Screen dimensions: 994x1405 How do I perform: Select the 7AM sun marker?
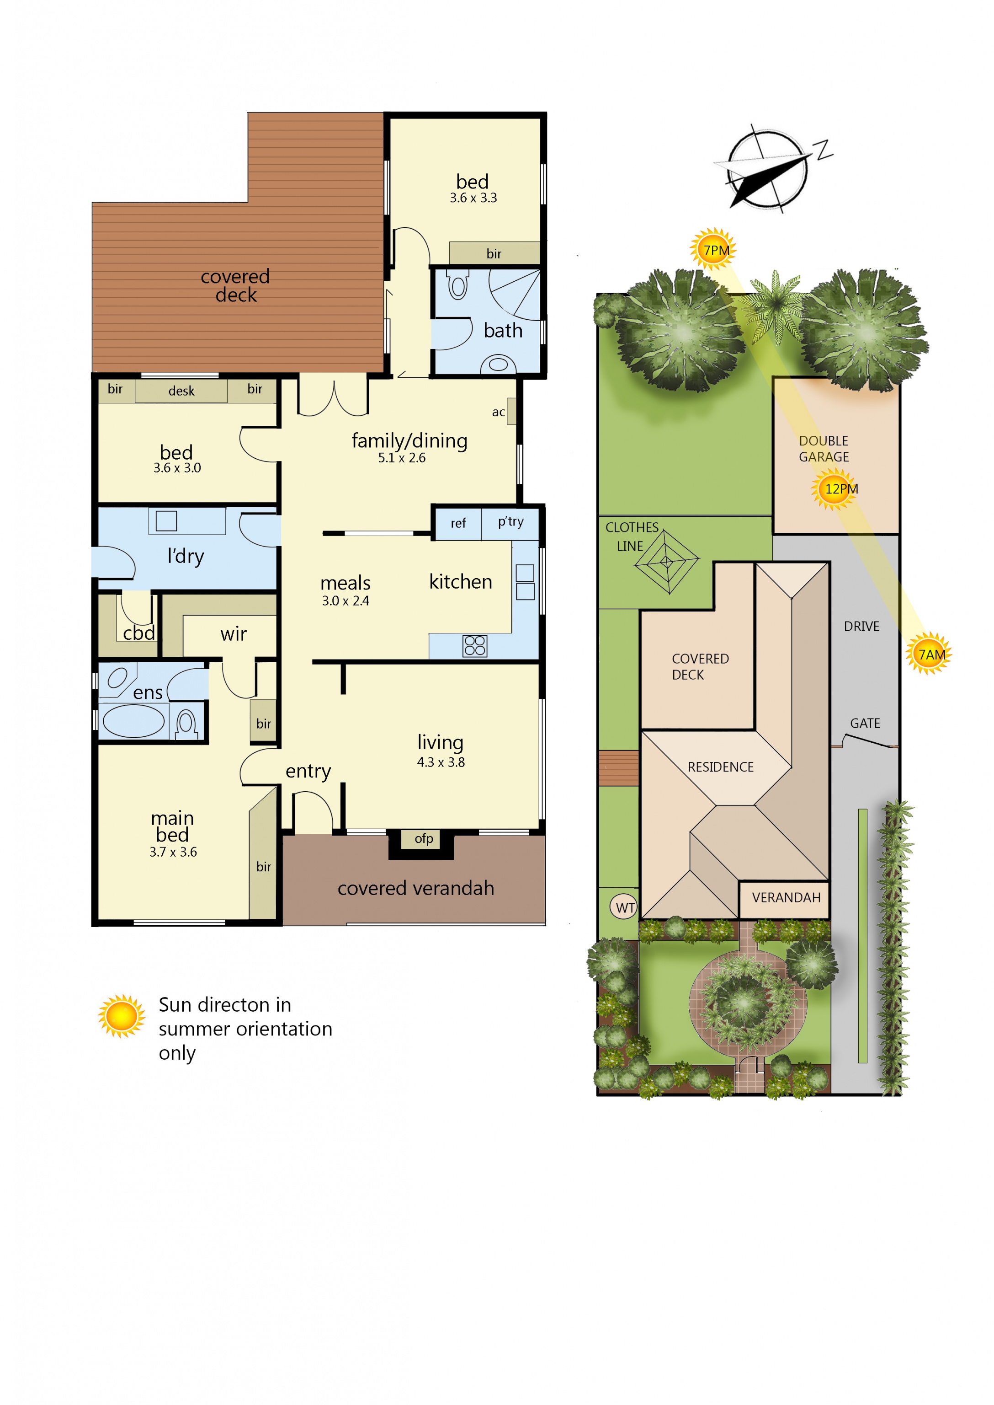[x=929, y=654]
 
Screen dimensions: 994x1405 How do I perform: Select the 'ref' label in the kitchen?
[x=458, y=523]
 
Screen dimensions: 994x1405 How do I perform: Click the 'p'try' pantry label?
[x=510, y=522]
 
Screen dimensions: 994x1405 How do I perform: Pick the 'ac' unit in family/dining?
[x=511, y=411]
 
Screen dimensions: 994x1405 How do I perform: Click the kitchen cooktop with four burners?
[x=475, y=645]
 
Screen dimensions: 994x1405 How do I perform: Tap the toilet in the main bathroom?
[x=458, y=285]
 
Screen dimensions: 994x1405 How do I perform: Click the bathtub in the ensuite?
[x=133, y=721]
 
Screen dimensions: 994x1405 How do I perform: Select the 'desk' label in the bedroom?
[x=181, y=391]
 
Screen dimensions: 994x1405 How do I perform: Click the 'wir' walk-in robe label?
[x=233, y=634]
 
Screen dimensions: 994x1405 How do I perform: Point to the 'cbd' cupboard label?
[x=139, y=633]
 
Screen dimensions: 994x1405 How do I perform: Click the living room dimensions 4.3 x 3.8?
[x=441, y=762]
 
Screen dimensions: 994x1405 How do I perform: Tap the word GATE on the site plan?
[x=865, y=724]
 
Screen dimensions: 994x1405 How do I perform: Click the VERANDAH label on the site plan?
[x=786, y=897]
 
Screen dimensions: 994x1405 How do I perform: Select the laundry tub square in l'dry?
[x=166, y=520]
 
